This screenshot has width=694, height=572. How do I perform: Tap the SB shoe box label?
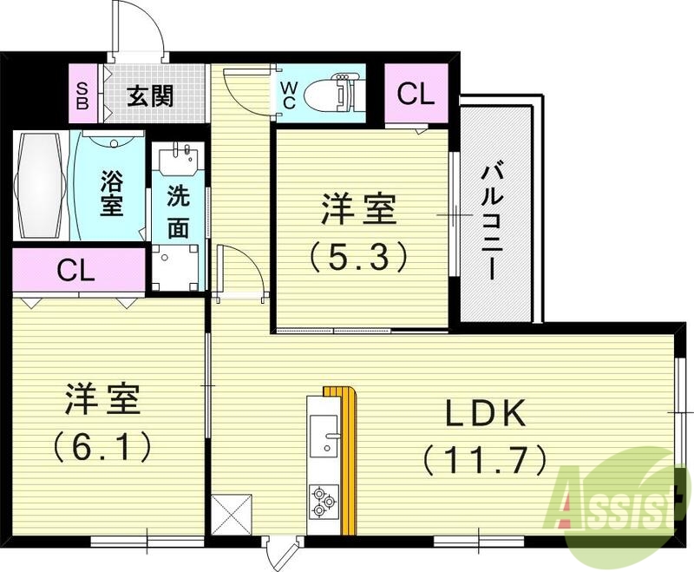[x=82, y=94]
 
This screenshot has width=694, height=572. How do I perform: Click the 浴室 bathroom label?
[x=111, y=193]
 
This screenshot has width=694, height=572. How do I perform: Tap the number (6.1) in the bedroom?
[x=102, y=447]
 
